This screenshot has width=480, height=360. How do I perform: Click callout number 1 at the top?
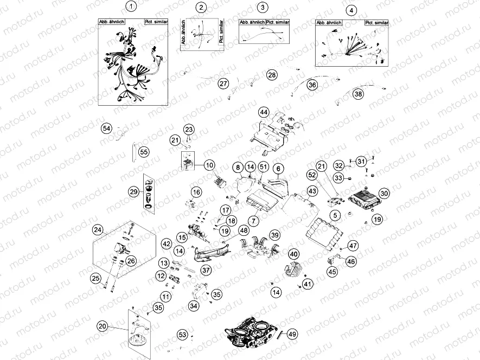pyautogui.click(x=130, y=7)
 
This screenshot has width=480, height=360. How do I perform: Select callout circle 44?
pyautogui.click(x=264, y=112)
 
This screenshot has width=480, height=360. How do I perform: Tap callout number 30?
pyautogui.click(x=384, y=193)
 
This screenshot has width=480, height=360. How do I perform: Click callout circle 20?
pyautogui.click(x=102, y=326)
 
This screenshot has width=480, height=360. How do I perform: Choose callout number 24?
pyautogui.click(x=98, y=230)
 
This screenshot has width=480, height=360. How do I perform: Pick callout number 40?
pyautogui.click(x=293, y=254)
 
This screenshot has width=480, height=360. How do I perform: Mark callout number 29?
pyautogui.click(x=134, y=191)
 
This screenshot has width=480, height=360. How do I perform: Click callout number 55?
pyautogui.click(x=144, y=152)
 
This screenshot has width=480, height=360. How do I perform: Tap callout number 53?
pyautogui.click(x=182, y=335)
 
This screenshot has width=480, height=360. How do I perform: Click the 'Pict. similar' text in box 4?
pyautogui.click(x=376, y=23)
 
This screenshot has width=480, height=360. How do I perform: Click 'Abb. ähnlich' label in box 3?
pyautogui.click(x=252, y=22)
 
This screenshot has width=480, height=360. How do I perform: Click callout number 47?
pyautogui.click(x=353, y=246)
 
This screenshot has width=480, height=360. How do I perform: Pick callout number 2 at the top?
pyautogui.click(x=202, y=7)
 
